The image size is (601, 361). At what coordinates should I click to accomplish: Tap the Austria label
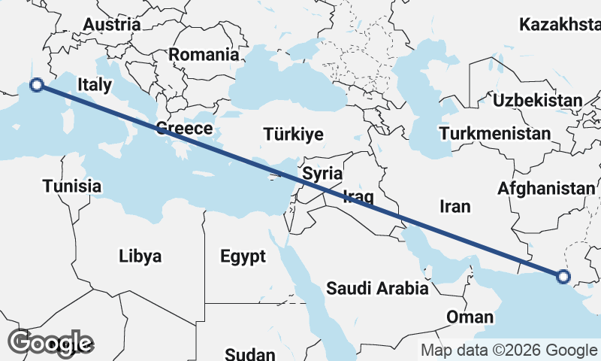coord(111,24)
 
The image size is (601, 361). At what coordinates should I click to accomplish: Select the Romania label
coord(203,54)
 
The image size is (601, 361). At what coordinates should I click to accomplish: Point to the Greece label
coord(184,129)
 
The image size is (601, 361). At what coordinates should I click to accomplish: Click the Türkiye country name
coord(294,135)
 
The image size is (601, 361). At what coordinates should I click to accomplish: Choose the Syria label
coord(322,174)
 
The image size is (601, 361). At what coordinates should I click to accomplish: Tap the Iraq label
coord(358,197)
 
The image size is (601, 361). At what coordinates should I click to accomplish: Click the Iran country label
coord(455,206)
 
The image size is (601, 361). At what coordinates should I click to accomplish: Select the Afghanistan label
coord(546,188)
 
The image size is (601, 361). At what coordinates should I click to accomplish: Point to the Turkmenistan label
coord(496,134)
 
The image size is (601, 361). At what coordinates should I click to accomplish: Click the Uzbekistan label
coord(537,100)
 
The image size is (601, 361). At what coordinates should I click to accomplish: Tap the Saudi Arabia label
coord(377,288)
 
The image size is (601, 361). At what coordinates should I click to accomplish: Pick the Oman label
coord(470,317)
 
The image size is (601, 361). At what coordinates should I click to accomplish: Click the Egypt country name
coord(243,256)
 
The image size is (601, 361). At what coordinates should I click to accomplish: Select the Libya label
coord(140,256)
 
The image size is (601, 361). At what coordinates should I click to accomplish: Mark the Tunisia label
coord(71,186)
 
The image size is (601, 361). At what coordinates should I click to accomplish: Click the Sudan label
coord(250,354)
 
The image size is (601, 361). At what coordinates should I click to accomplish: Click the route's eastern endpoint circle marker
coord(564,278)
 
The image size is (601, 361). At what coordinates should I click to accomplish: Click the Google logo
coord(50,343)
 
